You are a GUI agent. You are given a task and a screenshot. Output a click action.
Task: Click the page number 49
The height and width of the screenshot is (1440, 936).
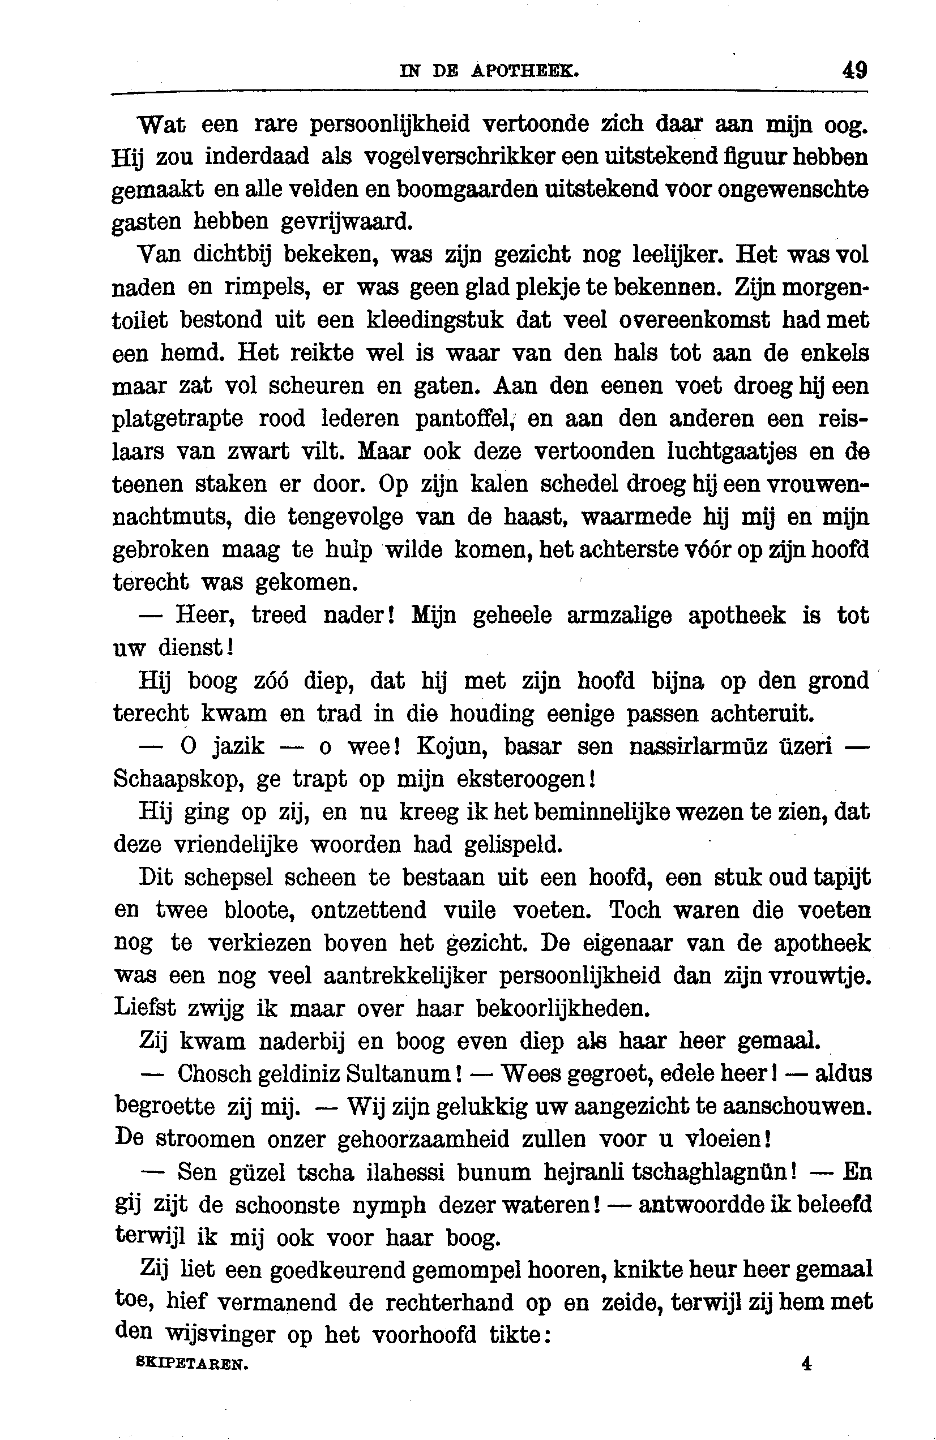tap(854, 70)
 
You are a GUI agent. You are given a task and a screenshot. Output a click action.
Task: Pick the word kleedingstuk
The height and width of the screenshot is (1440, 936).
tap(435, 320)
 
